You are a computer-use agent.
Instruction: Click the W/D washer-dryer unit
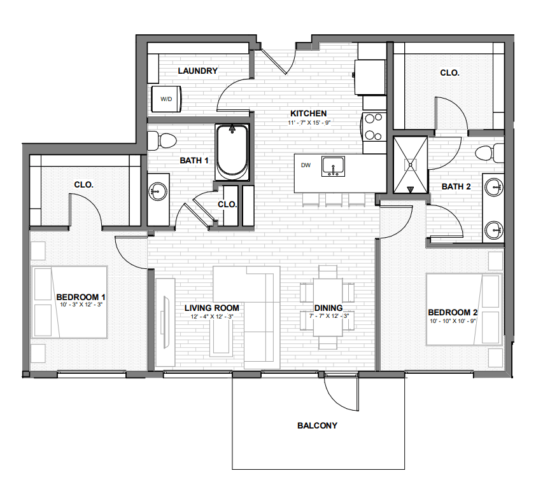click(167, 99)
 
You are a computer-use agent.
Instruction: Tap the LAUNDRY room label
click(198, 71)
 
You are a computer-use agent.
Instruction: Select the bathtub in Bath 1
click(232, 152)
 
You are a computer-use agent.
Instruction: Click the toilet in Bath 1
click(167, 139)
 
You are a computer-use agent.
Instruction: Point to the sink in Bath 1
click(159, 191)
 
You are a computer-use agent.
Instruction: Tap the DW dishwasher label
click(306, 165)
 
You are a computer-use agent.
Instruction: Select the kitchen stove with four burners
click(374, 126)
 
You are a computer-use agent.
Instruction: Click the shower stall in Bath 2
click(410, 164)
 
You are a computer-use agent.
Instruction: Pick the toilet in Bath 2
click(490, 153)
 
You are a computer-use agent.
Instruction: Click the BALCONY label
click(317, 425)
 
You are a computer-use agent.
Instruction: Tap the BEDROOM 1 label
click(81, 297)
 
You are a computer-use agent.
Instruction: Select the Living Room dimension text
click(211, 316)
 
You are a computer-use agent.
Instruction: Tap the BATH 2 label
click(456, 186)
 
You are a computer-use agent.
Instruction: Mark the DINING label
click(328, 309)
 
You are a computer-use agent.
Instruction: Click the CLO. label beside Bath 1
click(227, 205)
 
